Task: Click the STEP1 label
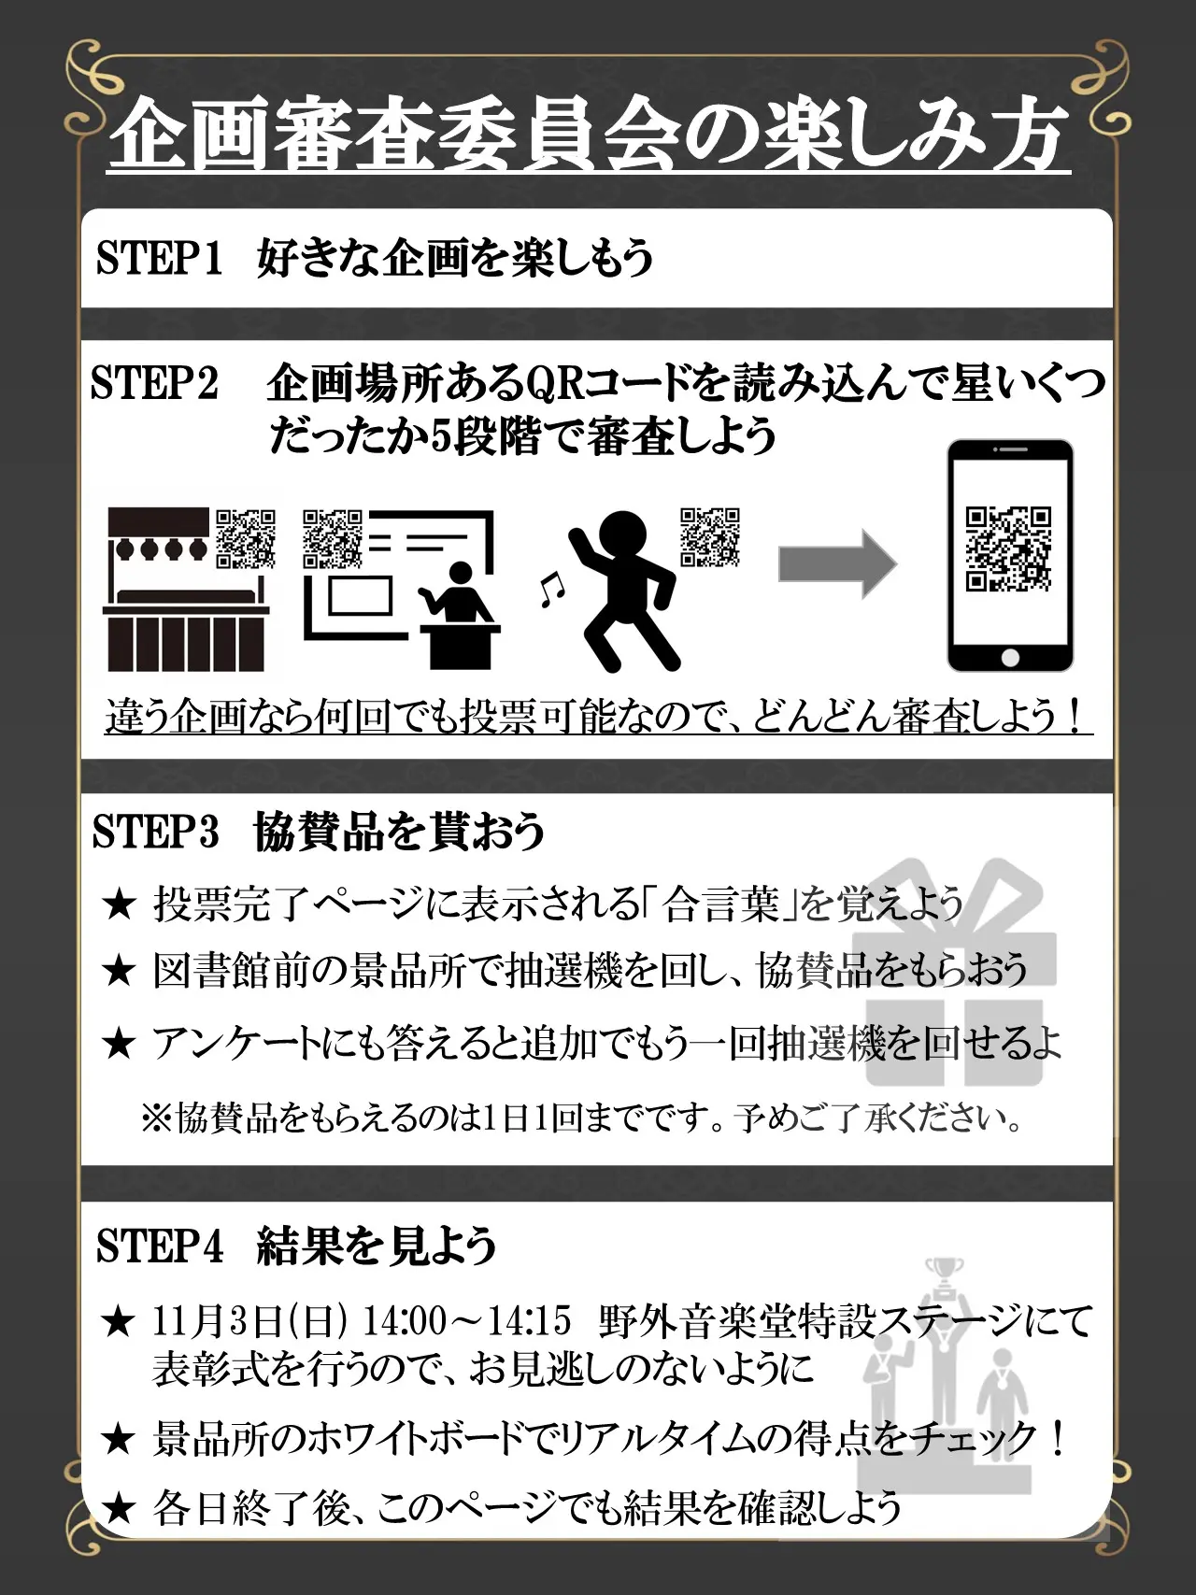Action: (159, 258)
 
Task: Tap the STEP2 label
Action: (154, 383)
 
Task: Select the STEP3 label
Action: (155, 831)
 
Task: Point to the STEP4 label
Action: (160, 1246)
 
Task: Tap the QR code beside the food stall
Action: (246, 539)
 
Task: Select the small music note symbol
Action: (551, 590)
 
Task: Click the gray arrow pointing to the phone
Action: (837, 563)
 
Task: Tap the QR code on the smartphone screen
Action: (1009, 549)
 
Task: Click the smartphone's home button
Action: (1010, 658)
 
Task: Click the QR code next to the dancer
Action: (710, 537)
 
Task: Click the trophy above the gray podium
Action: (944, 1275)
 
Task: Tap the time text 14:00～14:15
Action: (466, 1321)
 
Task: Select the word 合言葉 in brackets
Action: (720, 904)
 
